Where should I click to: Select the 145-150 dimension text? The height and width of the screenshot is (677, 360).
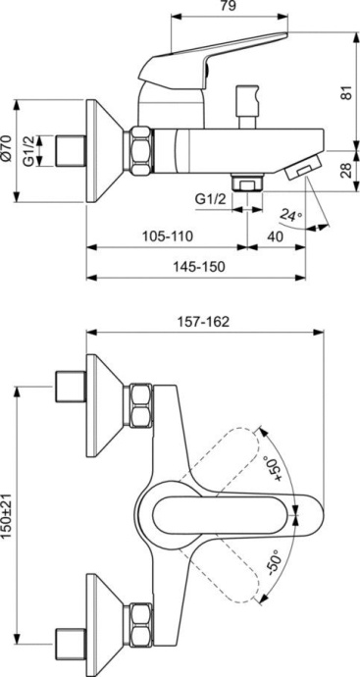point(202,266)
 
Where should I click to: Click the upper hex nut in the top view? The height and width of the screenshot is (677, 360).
point(137,404)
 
